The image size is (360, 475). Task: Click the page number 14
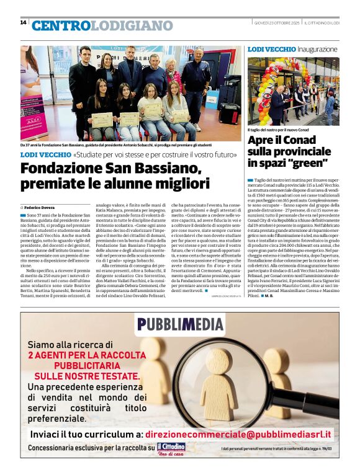[x=23, y=23]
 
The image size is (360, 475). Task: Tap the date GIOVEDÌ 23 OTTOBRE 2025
[x=277, y=23]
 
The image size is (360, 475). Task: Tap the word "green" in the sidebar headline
[x=307, y=163]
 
